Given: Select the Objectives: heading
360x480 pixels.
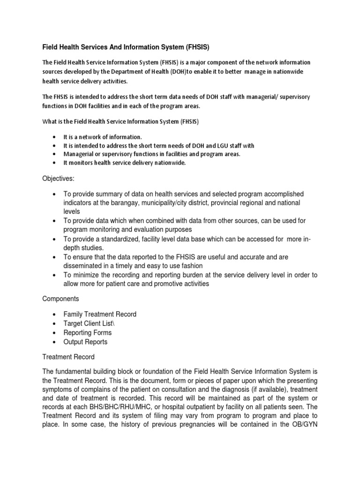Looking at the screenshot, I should click(x=59, y=179).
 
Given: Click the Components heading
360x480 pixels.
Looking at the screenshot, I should click(x=61, y=298).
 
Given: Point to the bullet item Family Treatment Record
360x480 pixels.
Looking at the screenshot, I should click(x=100, y=314).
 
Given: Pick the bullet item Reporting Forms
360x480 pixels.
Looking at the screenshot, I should click(x=88, y=333).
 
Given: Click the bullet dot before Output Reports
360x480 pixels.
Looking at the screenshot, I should click(x=55, y=342).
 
